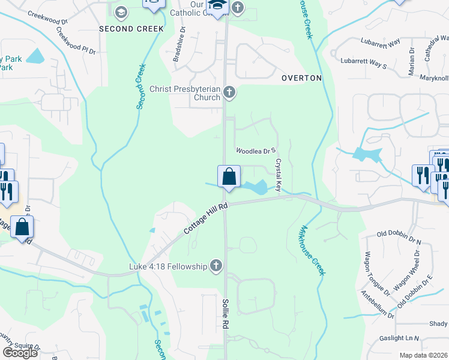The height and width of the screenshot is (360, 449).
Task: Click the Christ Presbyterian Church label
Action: click(x=185, y=92)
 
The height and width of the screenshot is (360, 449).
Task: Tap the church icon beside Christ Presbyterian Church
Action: click(x=229, y=92)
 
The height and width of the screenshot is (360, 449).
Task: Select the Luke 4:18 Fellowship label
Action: click(x=167, y=266)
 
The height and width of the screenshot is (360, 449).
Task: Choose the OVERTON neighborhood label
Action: click(x=301, y=78)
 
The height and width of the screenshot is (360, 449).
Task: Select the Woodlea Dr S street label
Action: click(x=255, y=151)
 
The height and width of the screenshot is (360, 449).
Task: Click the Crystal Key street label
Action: click(x=279, y=175)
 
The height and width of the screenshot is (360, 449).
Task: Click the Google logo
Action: click(x=20, y=353)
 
